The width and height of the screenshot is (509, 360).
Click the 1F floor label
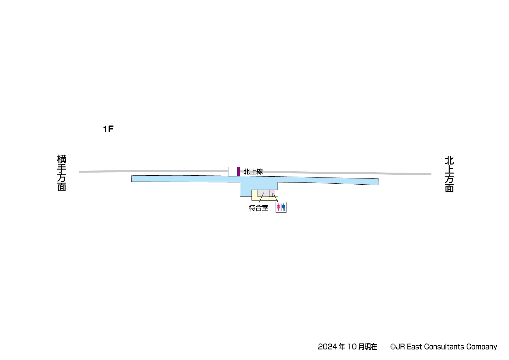pyautogui.click(x=108, y=129)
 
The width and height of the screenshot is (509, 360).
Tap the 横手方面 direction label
pyautogui.click(x=62, y=173)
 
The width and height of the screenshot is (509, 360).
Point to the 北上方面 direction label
pyautogui.click(x=449, y=174)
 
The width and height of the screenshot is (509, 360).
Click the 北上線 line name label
pyautogui.click(x=253, y=172)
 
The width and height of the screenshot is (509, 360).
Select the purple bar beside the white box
pyautogui.click(x=239, y=172)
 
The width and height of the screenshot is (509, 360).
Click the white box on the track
pyautogui.click(x=233, y=172)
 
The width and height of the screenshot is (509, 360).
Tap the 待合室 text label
pyautogui.click(x=259, y=208)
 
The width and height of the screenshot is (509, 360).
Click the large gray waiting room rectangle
pyautogui.click(x=263, y=193)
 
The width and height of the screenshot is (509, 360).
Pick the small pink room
pyautogui.click(x=272, y=191)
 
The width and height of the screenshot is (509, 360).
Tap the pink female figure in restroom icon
pyautogui.click(x=279, y=207)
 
